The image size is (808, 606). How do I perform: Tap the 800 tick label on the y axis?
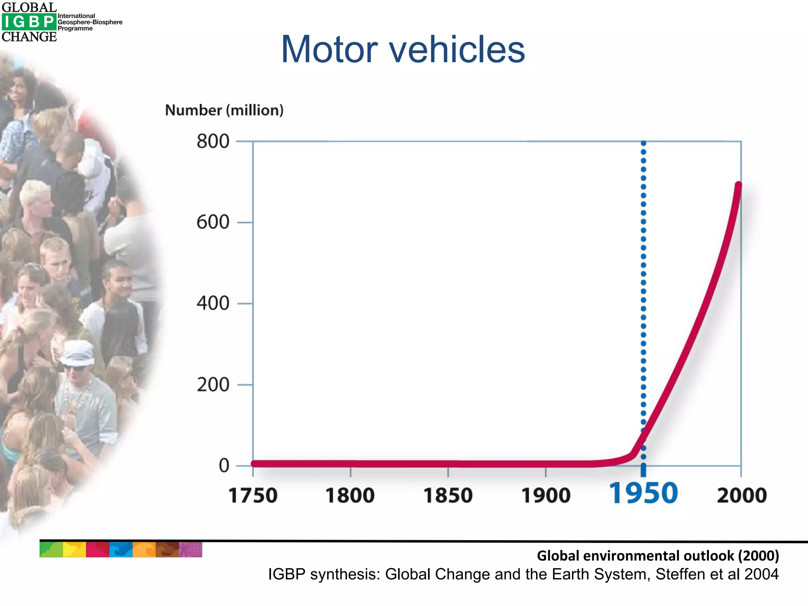[x=213, y=141]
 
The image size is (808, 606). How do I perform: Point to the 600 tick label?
[x=213, y=222]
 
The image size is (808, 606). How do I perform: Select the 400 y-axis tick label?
[x=213, y=303]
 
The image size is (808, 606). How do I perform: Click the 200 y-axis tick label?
[x=213, y=385]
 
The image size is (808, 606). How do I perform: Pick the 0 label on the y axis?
[x=224, y=466]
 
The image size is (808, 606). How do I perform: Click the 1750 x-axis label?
[x=253, y=496]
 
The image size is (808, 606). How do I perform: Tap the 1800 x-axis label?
[x=350, y=496]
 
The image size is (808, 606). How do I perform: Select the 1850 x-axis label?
[x=448, y=496]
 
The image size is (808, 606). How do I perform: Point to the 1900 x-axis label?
[x=546, y=496]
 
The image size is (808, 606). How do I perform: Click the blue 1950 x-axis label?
[x=643, y=494]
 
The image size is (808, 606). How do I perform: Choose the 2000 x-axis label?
[x=742, y=496]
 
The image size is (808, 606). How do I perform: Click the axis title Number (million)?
[x=224, y=110]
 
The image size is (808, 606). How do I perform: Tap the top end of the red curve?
[x=738, y=185]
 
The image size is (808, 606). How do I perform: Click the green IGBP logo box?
[x=29, y=22]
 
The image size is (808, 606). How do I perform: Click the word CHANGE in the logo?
[x=29, y=37]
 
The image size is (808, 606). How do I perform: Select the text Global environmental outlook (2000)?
[x=658, y=555]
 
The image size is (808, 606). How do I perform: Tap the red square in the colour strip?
[x=97, y=550]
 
